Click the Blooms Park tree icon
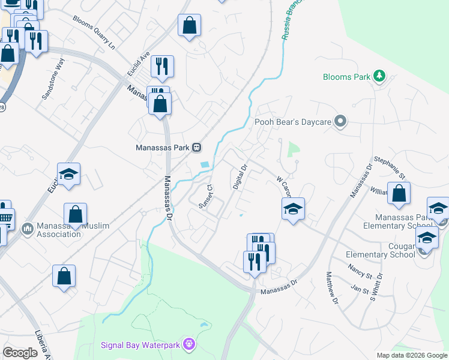tap(379, 76)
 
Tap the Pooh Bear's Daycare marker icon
tap(340, 122)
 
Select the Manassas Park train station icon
tap(196, 148)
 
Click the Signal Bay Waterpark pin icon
tap(190, 344)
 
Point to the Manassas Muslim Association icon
tap(27, 229)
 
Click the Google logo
tap(20, 353)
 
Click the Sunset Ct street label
tap(206, 197)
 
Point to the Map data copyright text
tap(411, 355)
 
